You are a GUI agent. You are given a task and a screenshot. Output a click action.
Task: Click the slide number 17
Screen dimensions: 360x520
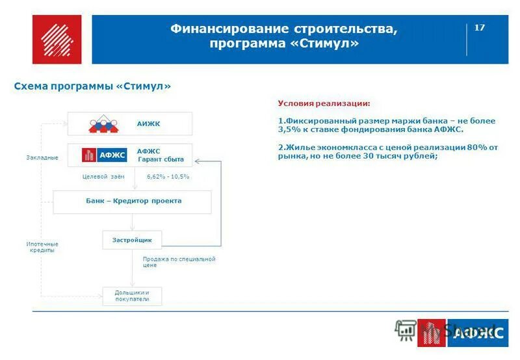pyautogui.click(x=480, y=27)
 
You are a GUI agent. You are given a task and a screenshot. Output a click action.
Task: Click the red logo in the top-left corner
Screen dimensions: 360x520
pyautogui.click(x=57, y=39)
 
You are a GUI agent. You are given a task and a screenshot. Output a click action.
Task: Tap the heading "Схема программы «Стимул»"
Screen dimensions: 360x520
pyautogui.click(x=92, y=86)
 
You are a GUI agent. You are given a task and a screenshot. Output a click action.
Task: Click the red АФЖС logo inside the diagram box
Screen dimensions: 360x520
pyautogui.click(x=105, y=155)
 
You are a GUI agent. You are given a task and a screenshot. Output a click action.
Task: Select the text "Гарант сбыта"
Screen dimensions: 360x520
pyautogui.click(x=161, y=159)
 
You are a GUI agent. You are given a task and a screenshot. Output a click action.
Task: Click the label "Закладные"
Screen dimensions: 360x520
pyautogui.click(x=43, y=158)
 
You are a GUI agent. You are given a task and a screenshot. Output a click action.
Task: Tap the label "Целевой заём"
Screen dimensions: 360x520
pyautogui.click(x=99, y=177)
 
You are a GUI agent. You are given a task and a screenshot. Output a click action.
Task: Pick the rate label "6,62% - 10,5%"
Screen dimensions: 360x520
pyautogui.click(x=168, y=177)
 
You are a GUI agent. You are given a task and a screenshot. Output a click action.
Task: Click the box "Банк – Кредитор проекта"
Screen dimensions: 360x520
pyautogui.click(x=133, y=201)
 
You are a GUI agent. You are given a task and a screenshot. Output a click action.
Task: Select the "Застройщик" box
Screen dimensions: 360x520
pyautogui.click(x=132, y=240)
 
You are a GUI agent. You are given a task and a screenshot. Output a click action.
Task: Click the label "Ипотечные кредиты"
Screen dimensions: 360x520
pyautogui.click(x=42, y=247)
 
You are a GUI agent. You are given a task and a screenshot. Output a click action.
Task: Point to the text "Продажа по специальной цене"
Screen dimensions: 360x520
pyautogui.click(x=179, y=262)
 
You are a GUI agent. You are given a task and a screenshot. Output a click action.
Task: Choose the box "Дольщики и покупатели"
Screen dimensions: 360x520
pyautogui.click(x=132, y=296)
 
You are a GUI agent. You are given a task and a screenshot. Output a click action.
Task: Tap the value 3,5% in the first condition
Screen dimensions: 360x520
pyautogui.click(x=288, y=129)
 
